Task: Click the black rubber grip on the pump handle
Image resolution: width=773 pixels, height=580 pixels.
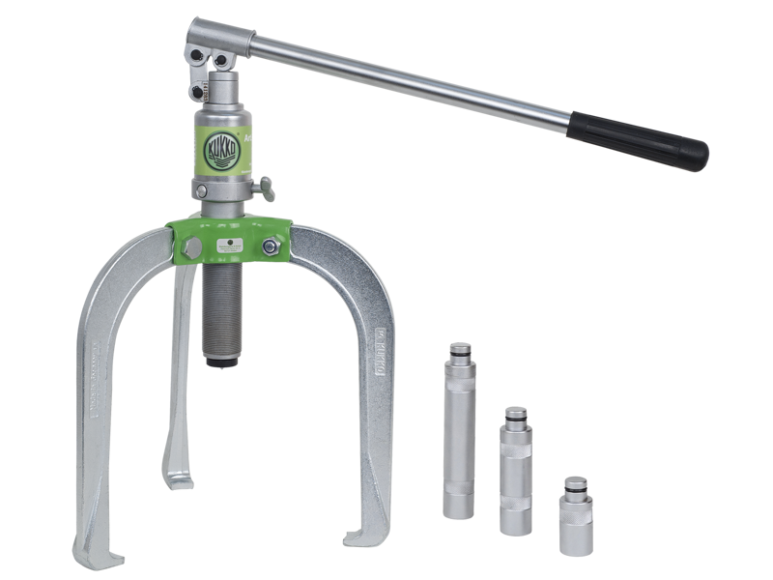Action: [639, 141]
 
